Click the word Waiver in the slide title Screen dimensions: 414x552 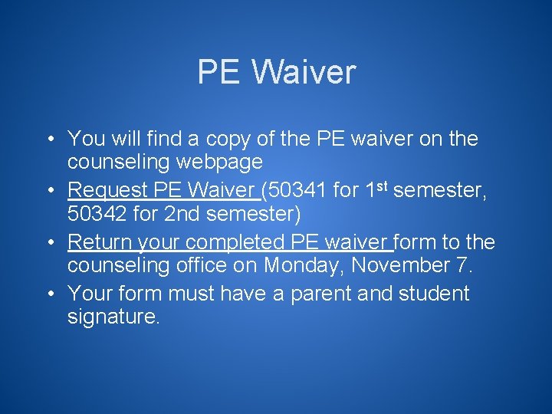[304, 72]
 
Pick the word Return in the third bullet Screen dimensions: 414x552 [100, 242]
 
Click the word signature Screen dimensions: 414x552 [113, 317]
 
